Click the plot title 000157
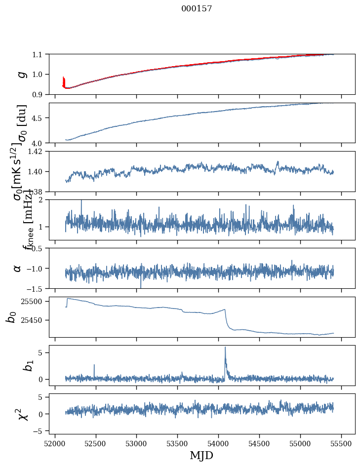coord(197,9)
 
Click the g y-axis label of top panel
coord(21,74)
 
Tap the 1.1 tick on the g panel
coord(38,54)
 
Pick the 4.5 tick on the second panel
coord(38,118)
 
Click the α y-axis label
coord(17,268)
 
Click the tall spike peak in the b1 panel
coord(225,347)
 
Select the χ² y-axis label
coord(22,414)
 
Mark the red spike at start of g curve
coord(64,80)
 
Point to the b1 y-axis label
coord(16,365)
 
